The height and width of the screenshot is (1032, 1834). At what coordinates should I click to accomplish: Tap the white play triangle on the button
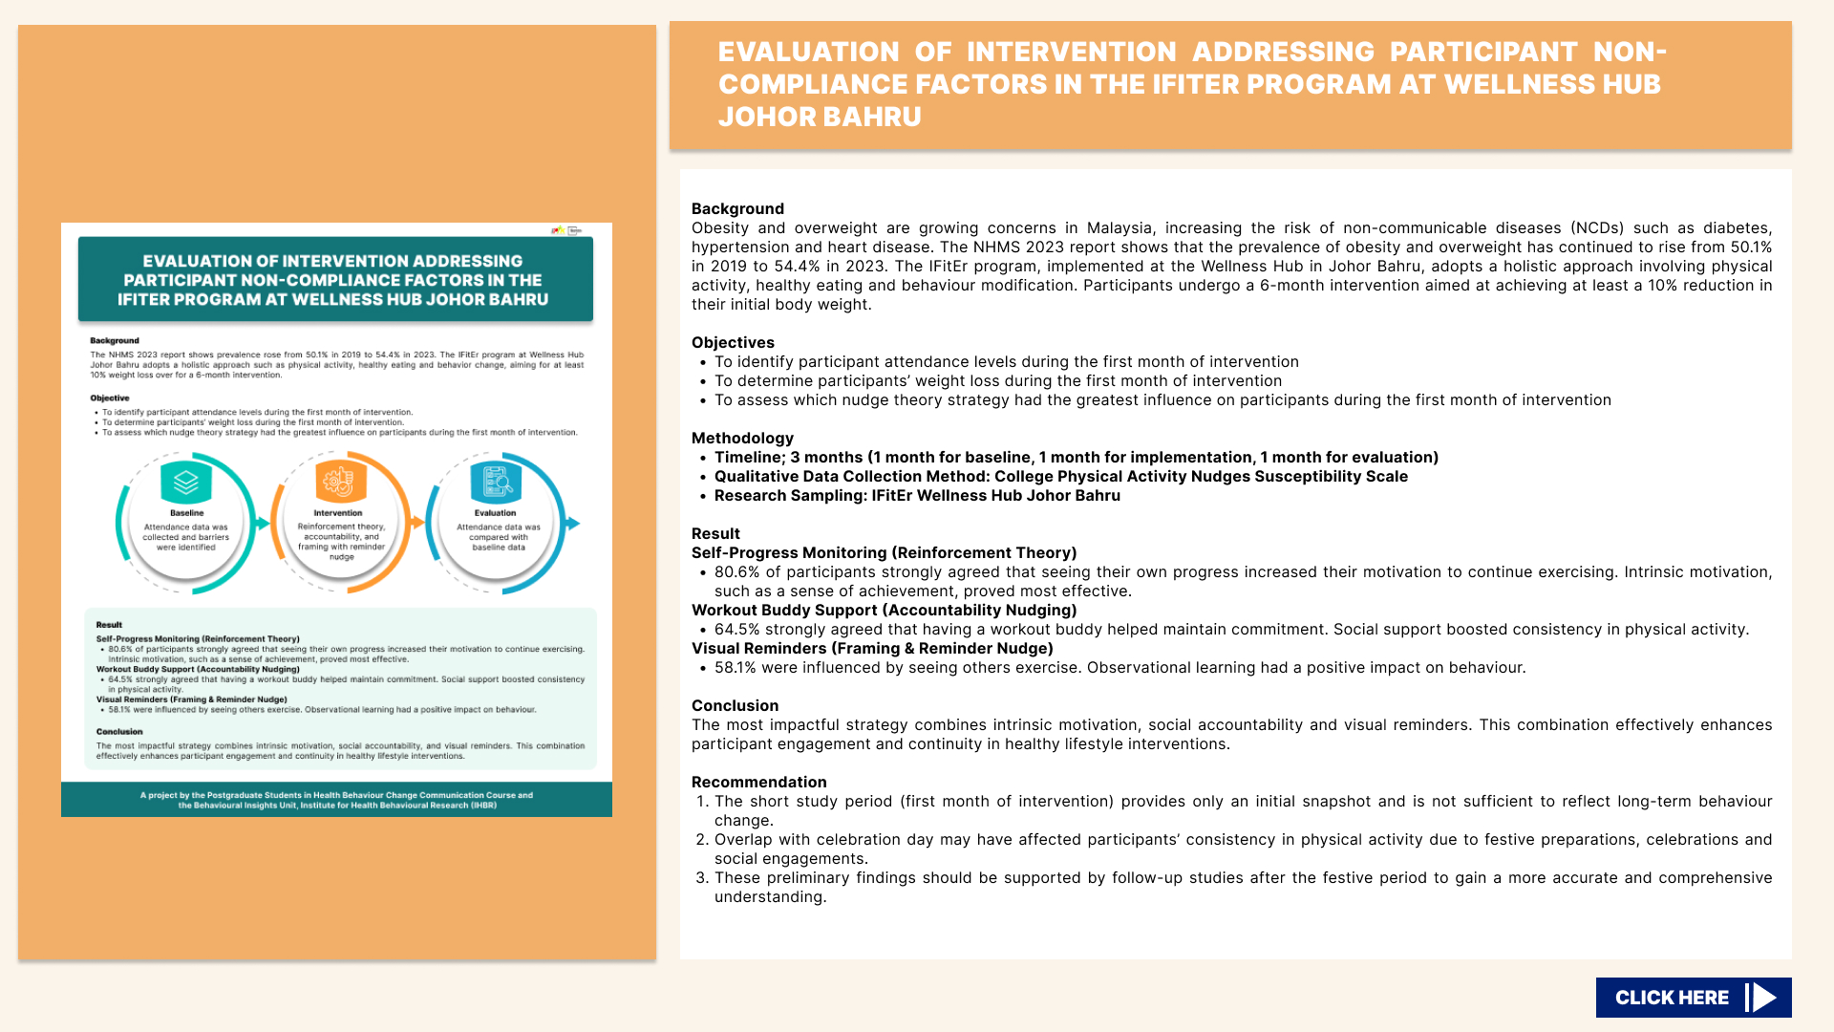[x=1764, y=998]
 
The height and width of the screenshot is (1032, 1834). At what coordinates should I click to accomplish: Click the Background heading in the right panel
[x=737, y=209]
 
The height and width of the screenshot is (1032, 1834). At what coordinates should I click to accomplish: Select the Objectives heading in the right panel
[x=733, y=343]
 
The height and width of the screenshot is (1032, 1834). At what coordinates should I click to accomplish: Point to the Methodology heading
[x=742, y=439]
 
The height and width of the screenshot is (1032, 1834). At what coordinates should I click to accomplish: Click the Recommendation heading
[x=758, y=783]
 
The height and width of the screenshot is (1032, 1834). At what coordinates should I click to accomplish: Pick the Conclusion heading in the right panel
[x=735, y=706]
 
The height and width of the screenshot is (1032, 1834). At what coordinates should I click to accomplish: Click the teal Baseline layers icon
[x=186, y=483]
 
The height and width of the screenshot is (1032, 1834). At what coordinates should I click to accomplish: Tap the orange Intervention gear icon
[x=340, y=482]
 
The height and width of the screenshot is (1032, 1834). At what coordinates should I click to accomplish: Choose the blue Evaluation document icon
[x=496, y=483]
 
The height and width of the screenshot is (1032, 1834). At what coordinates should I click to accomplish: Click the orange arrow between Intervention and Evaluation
[x=417, y=523]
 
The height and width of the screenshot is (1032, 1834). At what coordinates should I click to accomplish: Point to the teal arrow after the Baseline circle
[x=263, y=523]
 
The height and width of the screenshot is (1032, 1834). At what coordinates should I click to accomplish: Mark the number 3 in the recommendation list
[x=702, y=878]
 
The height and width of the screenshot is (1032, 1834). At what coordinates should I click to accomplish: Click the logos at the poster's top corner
[x=566, y=230]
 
